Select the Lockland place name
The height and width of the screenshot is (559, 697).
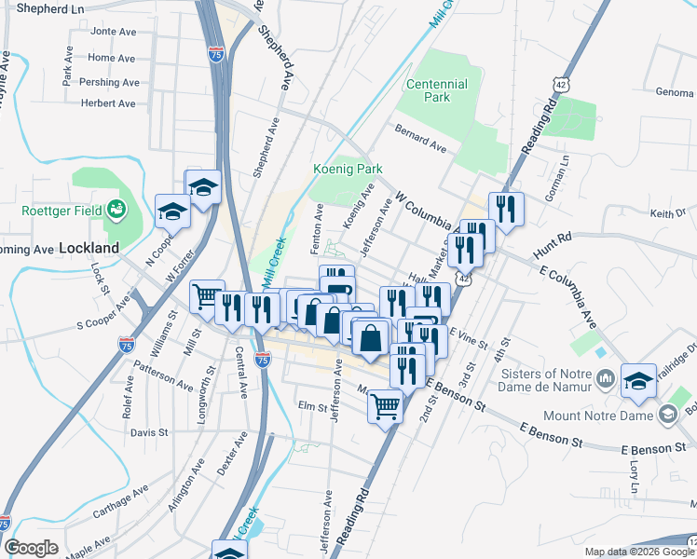(x=89, y=249)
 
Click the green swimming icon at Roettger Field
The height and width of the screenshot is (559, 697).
(x=116, y=209)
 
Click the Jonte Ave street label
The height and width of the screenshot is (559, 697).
(x=113, y=31)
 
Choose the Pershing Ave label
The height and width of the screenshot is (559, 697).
(x=107, y=81)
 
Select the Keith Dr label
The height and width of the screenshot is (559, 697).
(x=667, y=213)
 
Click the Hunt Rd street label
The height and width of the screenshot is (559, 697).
(x=551, y=247)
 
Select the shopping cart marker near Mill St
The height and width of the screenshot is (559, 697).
(x=207, y=296)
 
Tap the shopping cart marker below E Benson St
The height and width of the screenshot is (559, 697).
(x=385, y=404)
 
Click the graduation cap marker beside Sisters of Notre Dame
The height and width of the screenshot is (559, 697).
(x=639, y=379)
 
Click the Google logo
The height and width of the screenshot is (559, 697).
(x=31, y=548)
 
